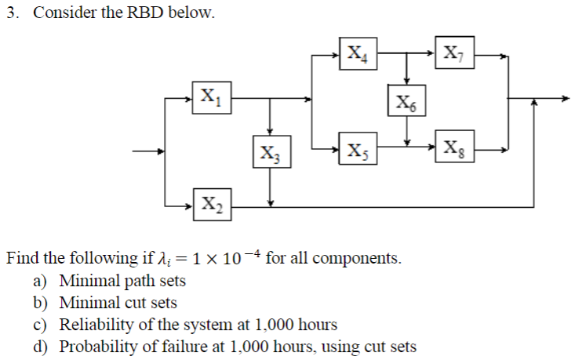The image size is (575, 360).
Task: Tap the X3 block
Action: click(x=270, y=151)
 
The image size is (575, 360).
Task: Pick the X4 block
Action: click(x=358, y=55)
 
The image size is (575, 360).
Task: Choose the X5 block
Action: click(x=358, y=148)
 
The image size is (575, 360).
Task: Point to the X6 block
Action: click(x=406, y=101)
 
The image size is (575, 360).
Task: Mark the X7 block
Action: click(x=456, y=55)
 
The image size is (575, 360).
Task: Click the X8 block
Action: click(x=456, y=148)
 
